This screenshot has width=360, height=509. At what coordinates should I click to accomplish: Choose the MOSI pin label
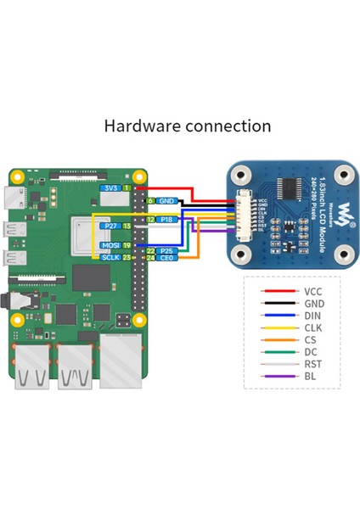coord(109,245)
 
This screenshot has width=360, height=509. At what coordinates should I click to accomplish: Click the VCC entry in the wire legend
coord(312,290)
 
